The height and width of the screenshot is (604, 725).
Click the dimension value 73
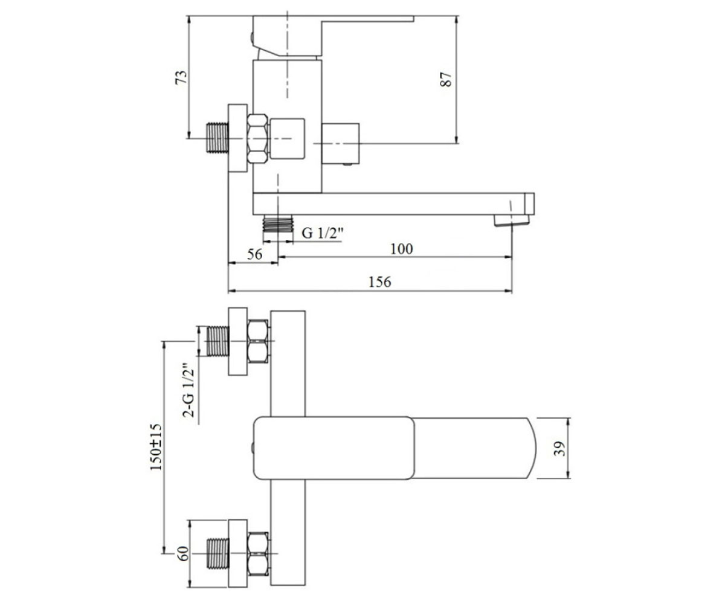pyautogui.click(x=181, y=77)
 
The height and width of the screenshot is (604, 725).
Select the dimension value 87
pyautogui.click(x=446, y=80)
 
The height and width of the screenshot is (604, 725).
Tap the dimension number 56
pyautogui.click(x=254, y=254)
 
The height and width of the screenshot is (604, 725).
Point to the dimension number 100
pyautogui.click(x=402, y=249)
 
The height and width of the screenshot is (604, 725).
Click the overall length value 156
pyautogui.click(x=379, y=281)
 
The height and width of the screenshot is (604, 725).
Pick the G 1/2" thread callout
pyautogui.click(x=322, y=233)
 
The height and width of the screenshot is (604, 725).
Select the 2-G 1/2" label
pyautogui.click(x=188, y=390)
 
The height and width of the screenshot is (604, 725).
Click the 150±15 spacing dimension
pyautogui.click(x=156, y=447)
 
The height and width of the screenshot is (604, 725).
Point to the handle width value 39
pyautogui.click(x=559, y=449)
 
